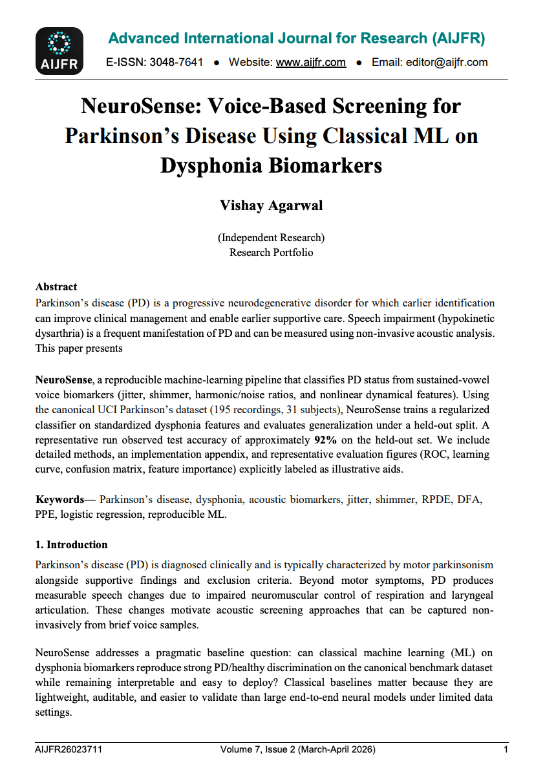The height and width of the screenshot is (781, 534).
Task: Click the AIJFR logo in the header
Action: pyautogui.click(x=59, y=51)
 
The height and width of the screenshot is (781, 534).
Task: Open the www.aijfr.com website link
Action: pyautogui.click(x=311, y=63)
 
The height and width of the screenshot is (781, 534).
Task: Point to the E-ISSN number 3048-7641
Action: pyautogui.click(x=176, y=63)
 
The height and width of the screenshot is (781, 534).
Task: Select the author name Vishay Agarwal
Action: pyautogui.click(x=272, y=206)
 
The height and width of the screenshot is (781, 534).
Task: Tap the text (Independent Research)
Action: pyautogui.click(x=272, y=238)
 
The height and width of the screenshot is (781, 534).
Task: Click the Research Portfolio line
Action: pyautogui.click(x=272, y=252)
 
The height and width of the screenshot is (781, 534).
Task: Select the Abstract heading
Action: pyautogui.click(x=56, y=286)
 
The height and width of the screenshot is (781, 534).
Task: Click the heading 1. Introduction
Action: pyautogui.click(x=72, y=544)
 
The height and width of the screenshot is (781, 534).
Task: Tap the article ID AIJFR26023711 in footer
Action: pyautogui.click(x=69, y=750)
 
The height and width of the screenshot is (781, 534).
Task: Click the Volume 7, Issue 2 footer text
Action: pyautogui.click(x=297, y=750)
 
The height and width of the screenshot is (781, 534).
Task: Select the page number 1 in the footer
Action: pyautogui.click(x=506, y=750)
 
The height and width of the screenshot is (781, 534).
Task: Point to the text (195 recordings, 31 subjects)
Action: pyautogui.click(x=276, y=410)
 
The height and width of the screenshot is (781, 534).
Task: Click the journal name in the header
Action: pyautogui.click(x=297, y=39)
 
